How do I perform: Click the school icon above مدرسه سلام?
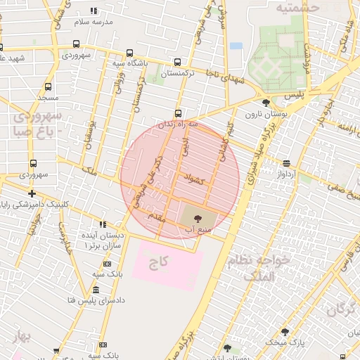94,11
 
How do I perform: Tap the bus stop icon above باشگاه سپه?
129,53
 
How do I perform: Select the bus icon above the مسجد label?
48,87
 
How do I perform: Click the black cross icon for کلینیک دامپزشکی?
32,193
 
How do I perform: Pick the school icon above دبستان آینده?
103,224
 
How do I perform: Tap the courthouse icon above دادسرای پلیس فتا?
95,290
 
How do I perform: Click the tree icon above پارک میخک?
285,331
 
